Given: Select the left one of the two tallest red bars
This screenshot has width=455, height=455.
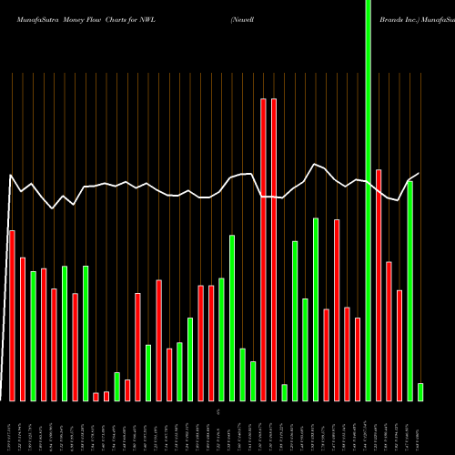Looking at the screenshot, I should (x=264, y=249).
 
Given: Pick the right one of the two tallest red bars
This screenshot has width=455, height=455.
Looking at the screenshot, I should (x=274, y=249).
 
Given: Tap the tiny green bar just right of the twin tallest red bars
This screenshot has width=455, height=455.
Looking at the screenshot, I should (x=284, y=392).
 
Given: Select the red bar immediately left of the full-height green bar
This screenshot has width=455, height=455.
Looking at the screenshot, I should (x=358, y=359).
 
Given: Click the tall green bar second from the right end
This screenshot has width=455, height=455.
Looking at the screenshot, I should (x=409, y=291).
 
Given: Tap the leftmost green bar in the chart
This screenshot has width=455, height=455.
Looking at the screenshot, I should (x=33, y=336).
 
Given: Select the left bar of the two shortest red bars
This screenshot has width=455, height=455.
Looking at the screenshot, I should (x=96, y=396).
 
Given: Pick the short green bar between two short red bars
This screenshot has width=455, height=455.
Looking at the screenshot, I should (x=116, y=386).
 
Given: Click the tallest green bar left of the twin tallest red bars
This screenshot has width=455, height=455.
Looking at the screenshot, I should (x=232, y=318).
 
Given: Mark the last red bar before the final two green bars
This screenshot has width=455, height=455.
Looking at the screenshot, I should (x=399, y=345).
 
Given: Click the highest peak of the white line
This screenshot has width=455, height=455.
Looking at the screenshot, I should (x=315, y=165).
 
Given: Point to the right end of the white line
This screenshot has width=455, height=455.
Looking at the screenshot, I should (x=420, y=174).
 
